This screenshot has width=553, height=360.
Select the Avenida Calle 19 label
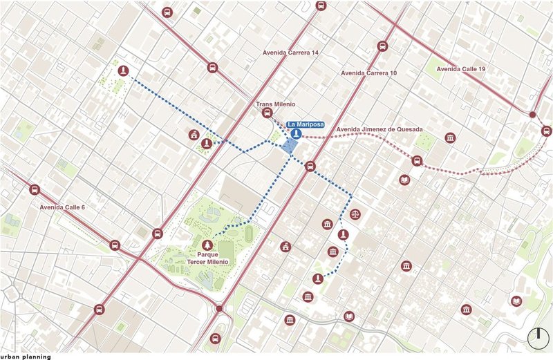(462, 69)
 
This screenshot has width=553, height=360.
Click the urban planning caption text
(26, 356)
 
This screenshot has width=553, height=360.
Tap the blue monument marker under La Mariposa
(296, 133)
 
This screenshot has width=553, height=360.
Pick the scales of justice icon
(355, 214)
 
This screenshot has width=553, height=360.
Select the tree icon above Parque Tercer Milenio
(206, 245)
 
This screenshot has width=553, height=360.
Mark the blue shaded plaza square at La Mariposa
(290, 146)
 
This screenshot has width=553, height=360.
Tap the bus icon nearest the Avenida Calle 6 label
(35, 190)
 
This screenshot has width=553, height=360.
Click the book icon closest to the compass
(515, 301)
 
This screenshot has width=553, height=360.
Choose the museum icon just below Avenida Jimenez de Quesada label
(450, 138)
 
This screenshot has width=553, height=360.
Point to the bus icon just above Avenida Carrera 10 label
(382, 47)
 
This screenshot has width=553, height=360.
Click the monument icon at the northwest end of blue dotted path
(123, 70)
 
